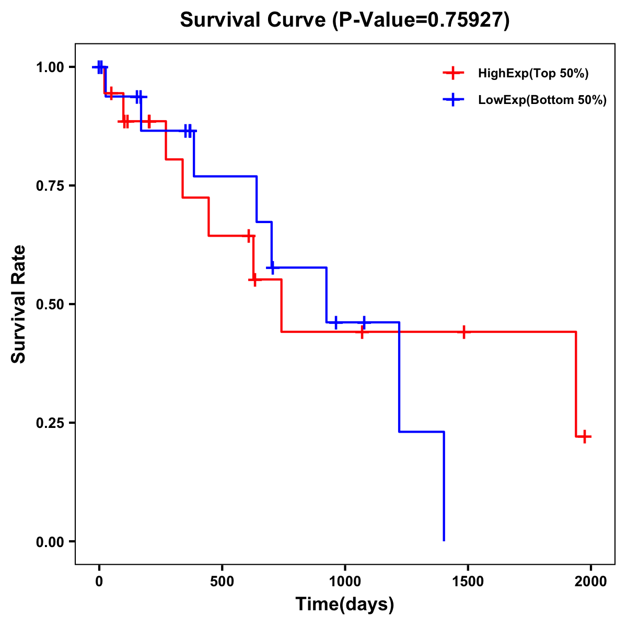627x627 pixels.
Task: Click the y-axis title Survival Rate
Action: coord(19,304)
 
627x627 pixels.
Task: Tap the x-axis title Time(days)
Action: coord(345,604)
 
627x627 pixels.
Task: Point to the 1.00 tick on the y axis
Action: coord(50,67)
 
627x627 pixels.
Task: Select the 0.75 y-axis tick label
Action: coord(50,186)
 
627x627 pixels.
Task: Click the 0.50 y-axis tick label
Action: coord(50,305)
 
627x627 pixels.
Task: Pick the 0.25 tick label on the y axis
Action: coord(50,423)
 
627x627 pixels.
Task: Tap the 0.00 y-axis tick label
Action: coord(50,542)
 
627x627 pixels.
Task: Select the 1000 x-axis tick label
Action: coord(345,582)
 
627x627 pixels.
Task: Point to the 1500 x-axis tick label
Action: coord(468,582)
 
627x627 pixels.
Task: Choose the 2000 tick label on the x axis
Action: coord(591,582)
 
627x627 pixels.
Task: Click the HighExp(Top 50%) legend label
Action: coord(533,74)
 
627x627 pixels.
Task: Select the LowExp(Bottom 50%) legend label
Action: coord(542,100)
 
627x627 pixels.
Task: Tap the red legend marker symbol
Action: coord(453,73)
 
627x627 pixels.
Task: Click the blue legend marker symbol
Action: coord(453,100)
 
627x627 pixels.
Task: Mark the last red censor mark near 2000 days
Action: coord(585,436)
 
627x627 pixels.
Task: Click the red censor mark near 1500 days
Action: coord(463,332)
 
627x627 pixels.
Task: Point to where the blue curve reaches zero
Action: coord(444,540)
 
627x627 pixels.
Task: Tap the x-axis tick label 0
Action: coord(99,582)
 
